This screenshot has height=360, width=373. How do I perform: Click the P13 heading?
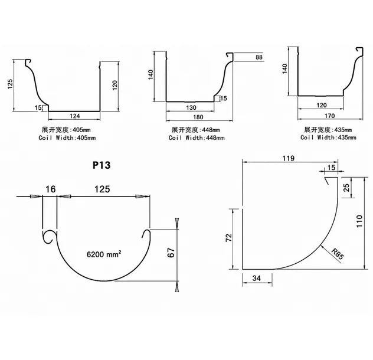point(102,165)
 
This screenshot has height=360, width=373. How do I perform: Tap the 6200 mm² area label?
point(104,254)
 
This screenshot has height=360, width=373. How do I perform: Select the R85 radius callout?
point(338,254)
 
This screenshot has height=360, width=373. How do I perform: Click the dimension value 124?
point(75,116)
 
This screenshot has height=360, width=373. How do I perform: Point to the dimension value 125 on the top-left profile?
point(10,84)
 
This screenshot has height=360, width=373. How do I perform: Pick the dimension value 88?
point(259,57)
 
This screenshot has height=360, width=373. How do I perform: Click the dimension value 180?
point(198,117)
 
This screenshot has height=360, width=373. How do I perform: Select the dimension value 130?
point(191,107)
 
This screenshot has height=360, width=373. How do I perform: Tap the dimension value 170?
point(329,116)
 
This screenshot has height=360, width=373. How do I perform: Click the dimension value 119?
point(289,158)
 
